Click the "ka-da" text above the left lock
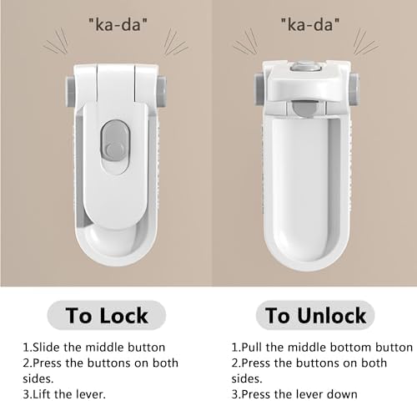pyautogui.click(x=118, y=24)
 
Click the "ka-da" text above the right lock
pyautogui.click(x=310, y=24)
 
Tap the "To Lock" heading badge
pyautogui.click(x=107, y=315)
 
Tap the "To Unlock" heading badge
pyautogui.click(x=315, y=315)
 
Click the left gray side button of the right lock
pyautogui.click(x=259, y=89)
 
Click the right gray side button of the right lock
pyautogui.click(x=354, y=89)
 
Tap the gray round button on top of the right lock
pyautogui.click(x=305, y=67)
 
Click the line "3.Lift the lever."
pyautogui.click(x=64, y=394)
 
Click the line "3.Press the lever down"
pyautogui.click(x=294, y=394)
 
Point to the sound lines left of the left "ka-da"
pyautogui.click(x=56, y=41)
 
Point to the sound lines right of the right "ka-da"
pyautogui.click(x=366, y=42)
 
